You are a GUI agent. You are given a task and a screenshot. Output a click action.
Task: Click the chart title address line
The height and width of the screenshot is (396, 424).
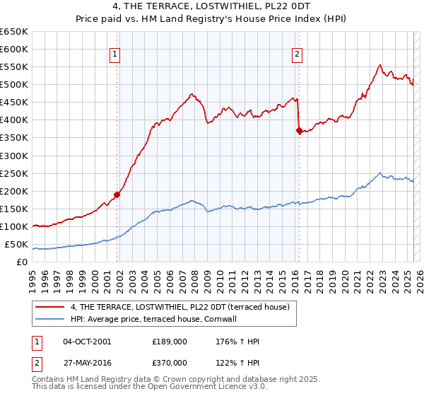point(212,7)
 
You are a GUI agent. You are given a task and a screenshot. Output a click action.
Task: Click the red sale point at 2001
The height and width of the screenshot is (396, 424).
point(117,194)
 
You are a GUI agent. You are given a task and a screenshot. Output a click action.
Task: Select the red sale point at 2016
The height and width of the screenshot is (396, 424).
point(299,130)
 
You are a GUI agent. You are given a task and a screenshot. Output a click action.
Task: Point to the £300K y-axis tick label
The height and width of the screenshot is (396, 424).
point(13,156)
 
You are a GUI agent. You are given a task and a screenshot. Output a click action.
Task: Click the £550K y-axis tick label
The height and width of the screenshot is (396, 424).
point(13,66)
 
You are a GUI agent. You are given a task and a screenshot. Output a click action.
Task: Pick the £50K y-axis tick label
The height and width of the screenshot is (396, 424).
point(16,245)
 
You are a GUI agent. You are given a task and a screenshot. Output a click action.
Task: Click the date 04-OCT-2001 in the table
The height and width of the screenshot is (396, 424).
point(87,342)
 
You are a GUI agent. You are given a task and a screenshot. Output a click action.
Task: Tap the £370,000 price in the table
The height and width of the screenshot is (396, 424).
point(171,363)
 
